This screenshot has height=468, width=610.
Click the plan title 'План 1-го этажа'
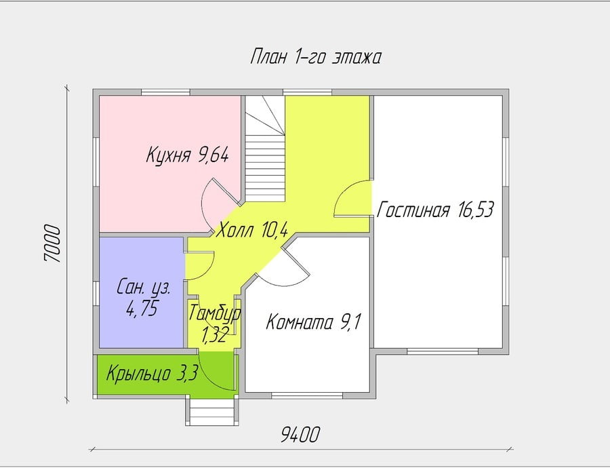point(315,57)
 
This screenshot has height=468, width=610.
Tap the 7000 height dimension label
point(52,243)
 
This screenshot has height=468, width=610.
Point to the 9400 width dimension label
point(300,435)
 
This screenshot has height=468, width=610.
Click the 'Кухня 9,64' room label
point(187,155)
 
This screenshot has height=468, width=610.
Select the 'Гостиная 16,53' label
point(435,210)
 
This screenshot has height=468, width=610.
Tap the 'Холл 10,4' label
point(251,229)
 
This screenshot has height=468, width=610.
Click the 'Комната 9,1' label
point(314,322)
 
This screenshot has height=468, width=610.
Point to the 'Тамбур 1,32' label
point(215,324)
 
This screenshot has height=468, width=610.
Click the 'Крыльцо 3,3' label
point(152,374)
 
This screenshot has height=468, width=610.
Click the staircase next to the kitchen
point(265,149)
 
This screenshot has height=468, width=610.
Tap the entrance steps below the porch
point(212,412)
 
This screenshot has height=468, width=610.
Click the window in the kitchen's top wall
point(165,92)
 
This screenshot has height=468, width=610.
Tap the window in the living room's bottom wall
point(443,351)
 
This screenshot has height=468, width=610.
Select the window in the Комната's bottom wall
point(307,395)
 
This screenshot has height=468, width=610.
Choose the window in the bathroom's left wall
point(96,293)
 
